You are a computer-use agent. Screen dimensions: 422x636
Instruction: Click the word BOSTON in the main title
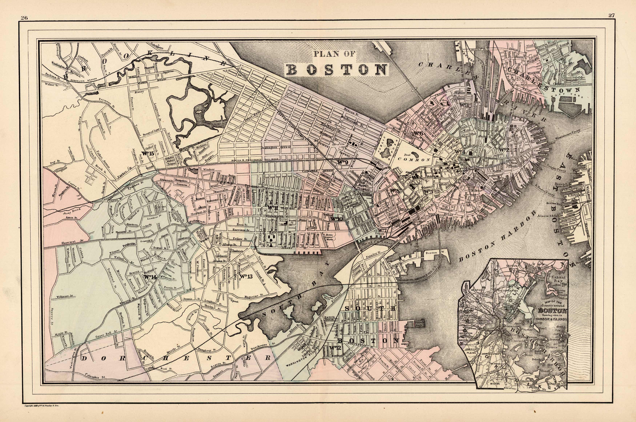337,69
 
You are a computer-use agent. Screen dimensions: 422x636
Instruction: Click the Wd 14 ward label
150,277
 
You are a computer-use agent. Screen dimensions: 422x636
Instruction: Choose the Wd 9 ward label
343,162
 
